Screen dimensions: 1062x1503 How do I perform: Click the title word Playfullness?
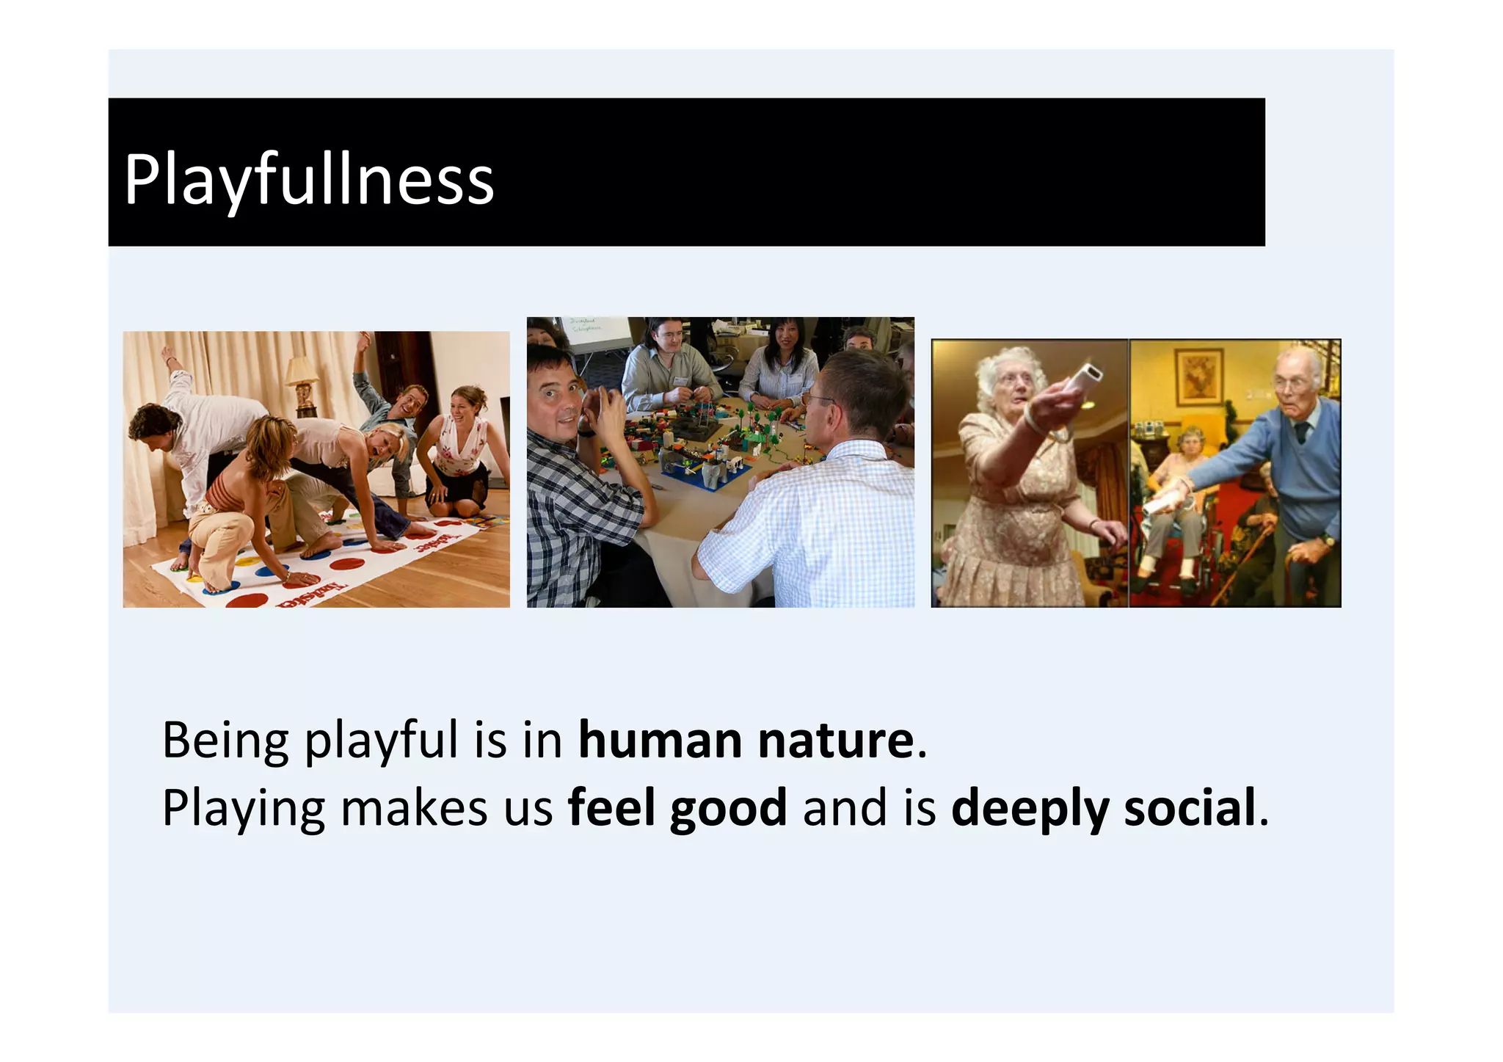click(309, 180)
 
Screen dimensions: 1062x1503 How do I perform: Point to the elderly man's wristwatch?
click(1327, 541)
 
